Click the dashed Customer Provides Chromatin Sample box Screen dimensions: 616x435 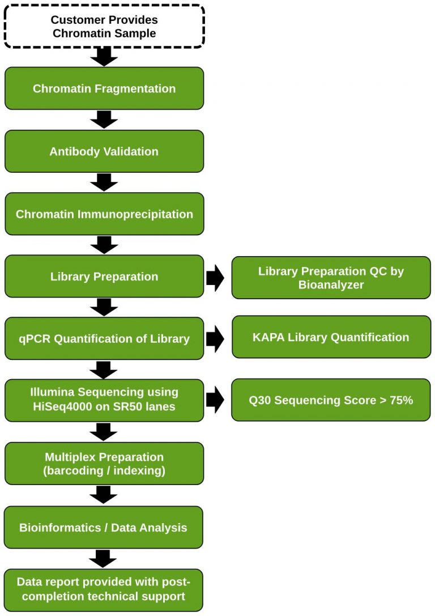tap(104, 27)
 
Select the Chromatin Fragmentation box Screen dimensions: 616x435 tap(104, 88)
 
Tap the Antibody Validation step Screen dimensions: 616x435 tap(104, 151)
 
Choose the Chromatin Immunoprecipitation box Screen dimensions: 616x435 tap(104, 214)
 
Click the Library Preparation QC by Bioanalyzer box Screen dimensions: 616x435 tap(331, 278)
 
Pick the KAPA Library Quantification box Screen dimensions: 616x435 tap(331, 337)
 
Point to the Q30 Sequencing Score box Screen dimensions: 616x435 tap(331, 400)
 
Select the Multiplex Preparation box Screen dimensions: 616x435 tap(104, 464)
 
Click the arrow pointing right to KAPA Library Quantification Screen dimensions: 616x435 tap(215, 338)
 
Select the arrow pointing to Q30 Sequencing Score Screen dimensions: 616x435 tap(215, 400)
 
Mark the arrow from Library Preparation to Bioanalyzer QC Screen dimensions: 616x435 tap(215, 278)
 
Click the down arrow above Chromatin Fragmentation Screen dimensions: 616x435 tap(104, 56)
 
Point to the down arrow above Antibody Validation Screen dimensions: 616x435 tap(104, 120)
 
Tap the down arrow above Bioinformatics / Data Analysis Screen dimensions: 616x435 tap(104, 495)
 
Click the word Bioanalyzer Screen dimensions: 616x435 tap(331, 284)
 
